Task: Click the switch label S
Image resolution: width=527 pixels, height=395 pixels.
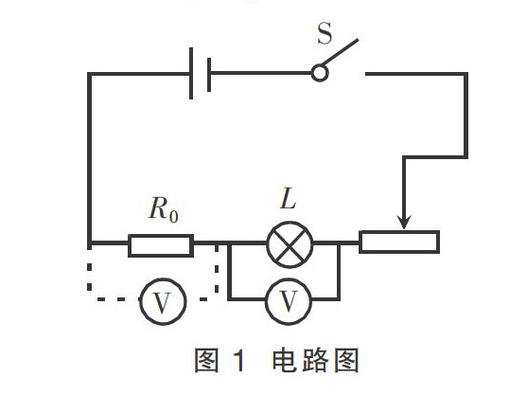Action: point(325,33)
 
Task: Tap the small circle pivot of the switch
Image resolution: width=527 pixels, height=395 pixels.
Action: point(320,73)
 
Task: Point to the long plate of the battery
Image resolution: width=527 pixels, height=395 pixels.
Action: point(191,73)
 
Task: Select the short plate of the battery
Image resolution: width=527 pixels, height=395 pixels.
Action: point(209,75)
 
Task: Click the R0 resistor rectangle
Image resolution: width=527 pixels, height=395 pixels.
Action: point(161,245)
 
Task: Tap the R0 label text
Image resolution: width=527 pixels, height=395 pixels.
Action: point(164,208)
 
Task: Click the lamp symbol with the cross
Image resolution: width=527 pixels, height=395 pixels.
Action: point(290,244)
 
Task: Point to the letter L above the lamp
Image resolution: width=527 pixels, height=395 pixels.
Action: point(289,199)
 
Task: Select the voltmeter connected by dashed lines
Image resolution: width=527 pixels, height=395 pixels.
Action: point(163,301)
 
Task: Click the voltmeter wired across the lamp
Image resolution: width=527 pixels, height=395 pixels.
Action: point(289,301)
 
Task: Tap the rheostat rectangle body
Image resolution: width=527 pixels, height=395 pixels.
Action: point(399,242)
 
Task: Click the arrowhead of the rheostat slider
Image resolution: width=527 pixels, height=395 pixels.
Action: point(404,222)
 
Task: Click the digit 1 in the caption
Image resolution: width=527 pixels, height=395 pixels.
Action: point(239,360)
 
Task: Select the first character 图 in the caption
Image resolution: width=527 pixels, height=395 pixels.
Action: point(206,360)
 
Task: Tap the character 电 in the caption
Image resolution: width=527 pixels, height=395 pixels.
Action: point(284,360)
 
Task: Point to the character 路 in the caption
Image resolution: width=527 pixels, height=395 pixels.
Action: point(315,360)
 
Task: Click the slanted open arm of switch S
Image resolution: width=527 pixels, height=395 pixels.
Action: point(340,52)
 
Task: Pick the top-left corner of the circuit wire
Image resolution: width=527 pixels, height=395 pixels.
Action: point(89,73)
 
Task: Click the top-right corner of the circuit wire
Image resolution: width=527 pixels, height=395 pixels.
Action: point(466,73)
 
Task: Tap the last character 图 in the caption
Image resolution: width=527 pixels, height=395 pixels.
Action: point(346,360)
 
